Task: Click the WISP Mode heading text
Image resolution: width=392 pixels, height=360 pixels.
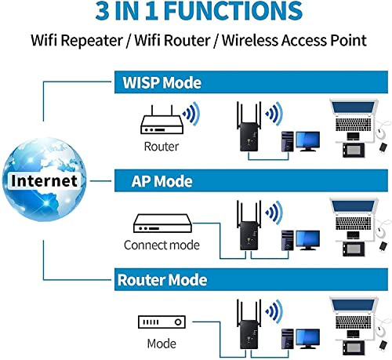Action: click(162, 82)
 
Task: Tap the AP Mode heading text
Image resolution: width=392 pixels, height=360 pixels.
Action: click(162, 181)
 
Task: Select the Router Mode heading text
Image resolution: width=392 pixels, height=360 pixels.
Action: click(162, 280)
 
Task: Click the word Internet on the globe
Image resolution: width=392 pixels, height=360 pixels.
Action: click(45, 180)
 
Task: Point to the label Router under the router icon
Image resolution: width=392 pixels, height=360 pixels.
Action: click(162, 147)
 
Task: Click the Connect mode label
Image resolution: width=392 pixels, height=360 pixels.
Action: click(162, 245)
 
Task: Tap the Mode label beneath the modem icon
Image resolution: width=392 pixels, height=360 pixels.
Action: click(162, 344)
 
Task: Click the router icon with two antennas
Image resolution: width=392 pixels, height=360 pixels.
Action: click(162, 119)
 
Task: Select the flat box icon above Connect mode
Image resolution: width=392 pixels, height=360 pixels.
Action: click(162, 224)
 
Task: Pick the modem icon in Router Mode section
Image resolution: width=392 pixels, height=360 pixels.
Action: click(162, 322)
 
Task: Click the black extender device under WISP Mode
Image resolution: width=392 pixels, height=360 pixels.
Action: click(249, 127)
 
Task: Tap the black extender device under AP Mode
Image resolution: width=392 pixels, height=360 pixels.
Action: click(249, 225)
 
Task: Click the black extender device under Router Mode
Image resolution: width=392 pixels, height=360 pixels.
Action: click(249, 324)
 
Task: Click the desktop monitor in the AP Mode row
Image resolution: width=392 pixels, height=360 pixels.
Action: click(307, 240)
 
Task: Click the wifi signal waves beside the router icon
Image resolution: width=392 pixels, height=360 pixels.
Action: click(192, 114)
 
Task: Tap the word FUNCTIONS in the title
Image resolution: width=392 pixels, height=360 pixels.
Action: click(233, 11)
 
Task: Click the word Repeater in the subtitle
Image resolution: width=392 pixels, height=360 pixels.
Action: click(92, 41)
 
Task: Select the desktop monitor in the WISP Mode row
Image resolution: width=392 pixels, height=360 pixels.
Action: click(307, 141)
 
